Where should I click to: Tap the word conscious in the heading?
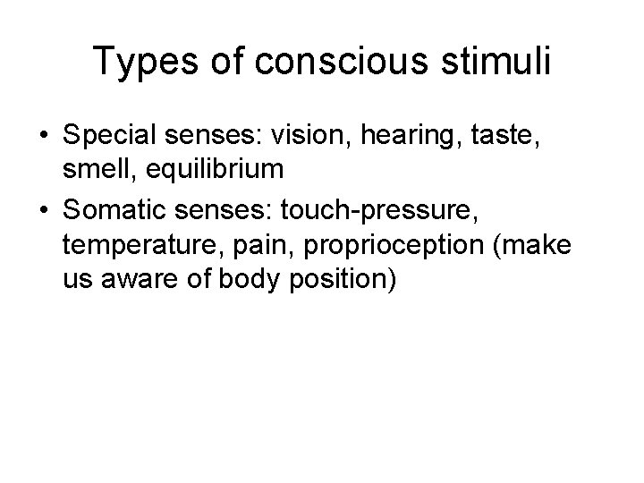(312, 62)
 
